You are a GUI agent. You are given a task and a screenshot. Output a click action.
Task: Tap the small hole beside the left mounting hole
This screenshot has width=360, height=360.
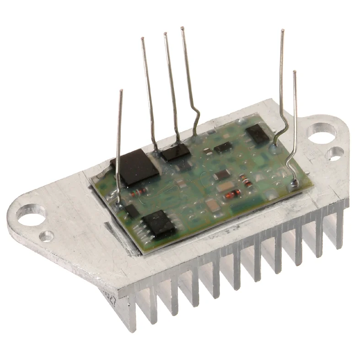(x=46, y=236)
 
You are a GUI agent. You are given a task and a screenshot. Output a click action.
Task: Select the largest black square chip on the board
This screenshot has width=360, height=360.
(x=135, y=167)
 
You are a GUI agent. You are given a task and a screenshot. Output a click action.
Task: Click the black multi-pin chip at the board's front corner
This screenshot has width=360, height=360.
(x=159, y=224)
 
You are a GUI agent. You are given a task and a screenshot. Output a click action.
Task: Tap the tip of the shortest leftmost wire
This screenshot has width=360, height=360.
(x=121, y=91)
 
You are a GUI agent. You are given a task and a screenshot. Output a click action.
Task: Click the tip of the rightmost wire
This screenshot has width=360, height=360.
(x=294, y=71)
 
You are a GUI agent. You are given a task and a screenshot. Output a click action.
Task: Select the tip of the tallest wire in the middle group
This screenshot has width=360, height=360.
(x=182, y=28)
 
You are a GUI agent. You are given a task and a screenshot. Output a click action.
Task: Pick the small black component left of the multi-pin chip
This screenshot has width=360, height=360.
(x=132, y=210)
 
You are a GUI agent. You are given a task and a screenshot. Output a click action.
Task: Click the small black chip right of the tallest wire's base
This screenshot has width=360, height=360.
(x=224, y=147)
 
